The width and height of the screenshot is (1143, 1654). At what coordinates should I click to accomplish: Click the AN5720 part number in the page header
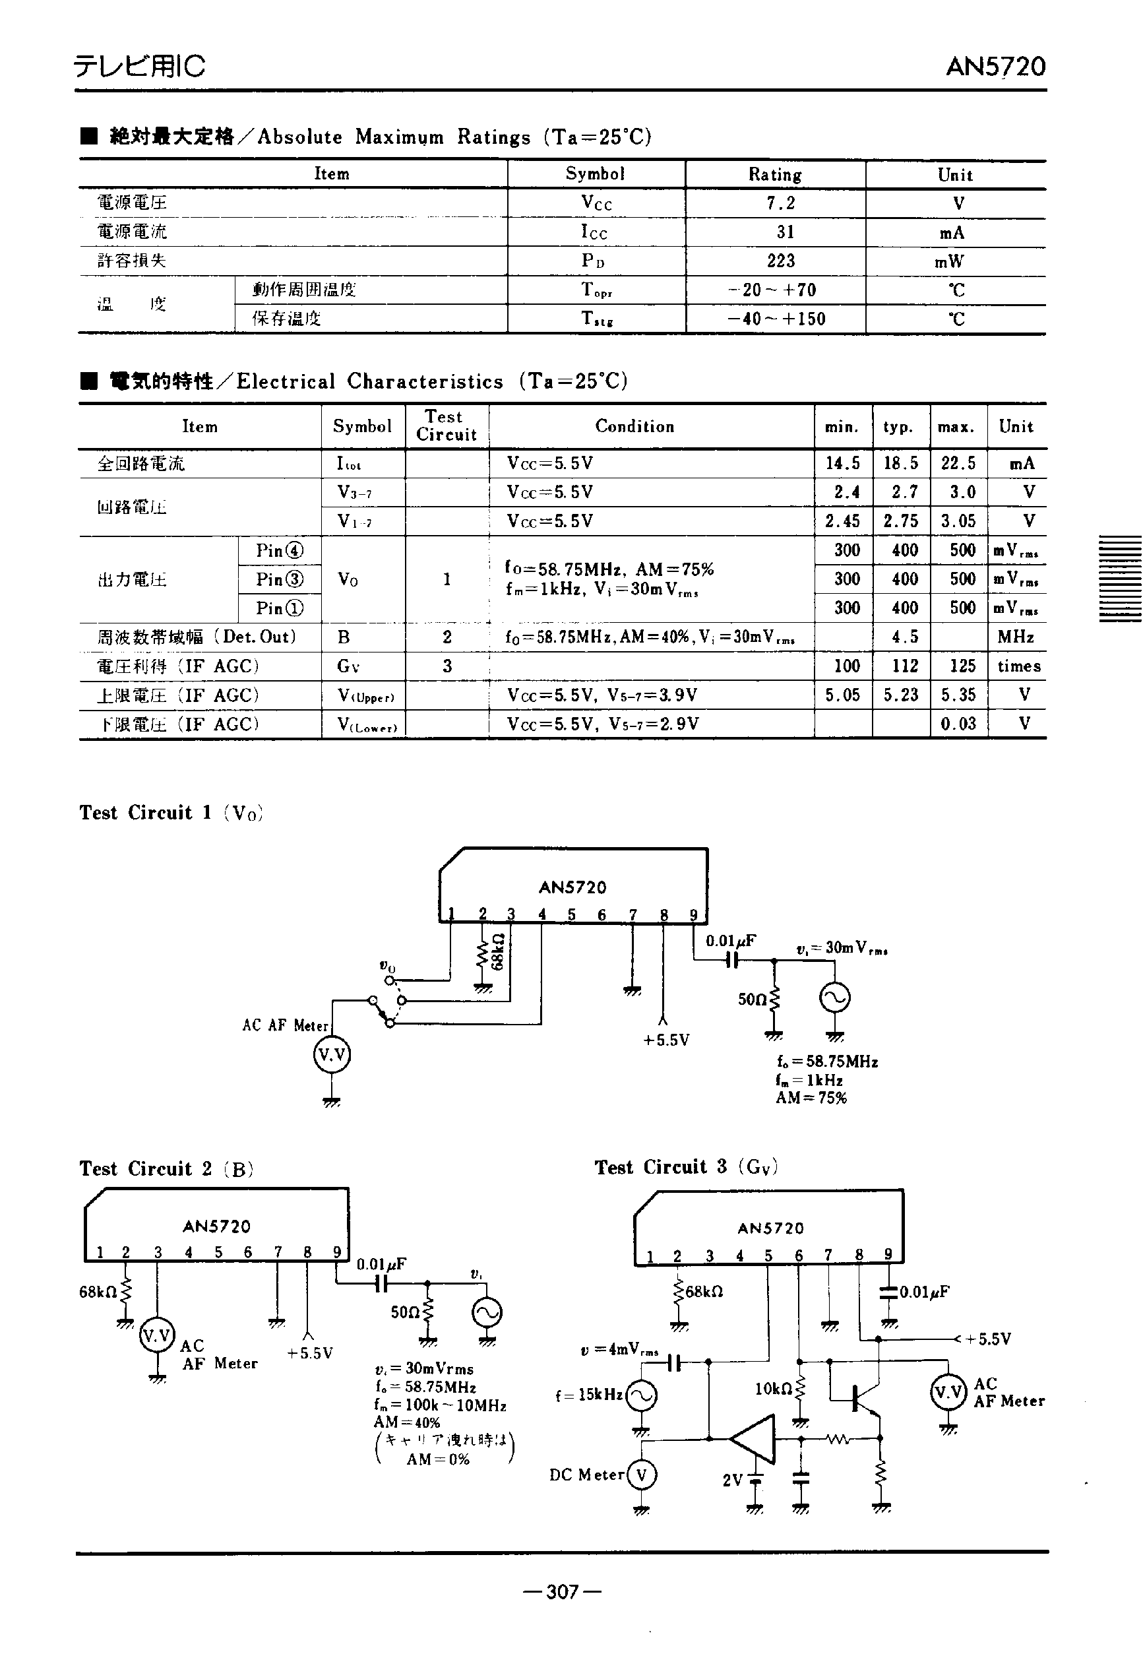click(x=995, y=67)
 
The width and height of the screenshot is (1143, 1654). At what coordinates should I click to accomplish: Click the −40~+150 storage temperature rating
click(x=776, y=319)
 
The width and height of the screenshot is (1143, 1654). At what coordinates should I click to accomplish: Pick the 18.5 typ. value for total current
click(x=900, y=463)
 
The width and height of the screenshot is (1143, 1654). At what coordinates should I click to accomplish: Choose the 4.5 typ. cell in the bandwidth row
click(x=904, y=637)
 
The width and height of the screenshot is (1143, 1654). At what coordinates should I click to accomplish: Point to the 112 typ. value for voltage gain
click(x=904, y=666)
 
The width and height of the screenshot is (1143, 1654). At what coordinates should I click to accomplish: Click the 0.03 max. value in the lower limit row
click(x=958, y=724)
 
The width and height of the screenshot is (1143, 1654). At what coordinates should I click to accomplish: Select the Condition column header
click(x=634, y=427)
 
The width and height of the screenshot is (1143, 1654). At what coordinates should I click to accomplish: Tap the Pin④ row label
click(x=279, y=550)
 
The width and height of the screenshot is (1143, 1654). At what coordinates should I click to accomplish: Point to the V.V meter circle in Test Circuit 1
click(x=332, y=1055)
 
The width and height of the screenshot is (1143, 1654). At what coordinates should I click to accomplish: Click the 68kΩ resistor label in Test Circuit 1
click(x=499, y=951)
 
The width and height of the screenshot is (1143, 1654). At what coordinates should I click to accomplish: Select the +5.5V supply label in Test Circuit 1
click(x=666, y=1040)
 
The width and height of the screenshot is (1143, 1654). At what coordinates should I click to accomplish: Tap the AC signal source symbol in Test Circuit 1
click(x=834, y=998)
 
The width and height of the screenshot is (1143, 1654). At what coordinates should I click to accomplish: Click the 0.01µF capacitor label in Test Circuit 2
click(x=381, y=1264)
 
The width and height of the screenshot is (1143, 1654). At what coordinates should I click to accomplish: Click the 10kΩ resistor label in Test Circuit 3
click(x=774, y=1389)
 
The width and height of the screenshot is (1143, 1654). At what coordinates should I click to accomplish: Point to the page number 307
click(x=562, y=1592)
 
